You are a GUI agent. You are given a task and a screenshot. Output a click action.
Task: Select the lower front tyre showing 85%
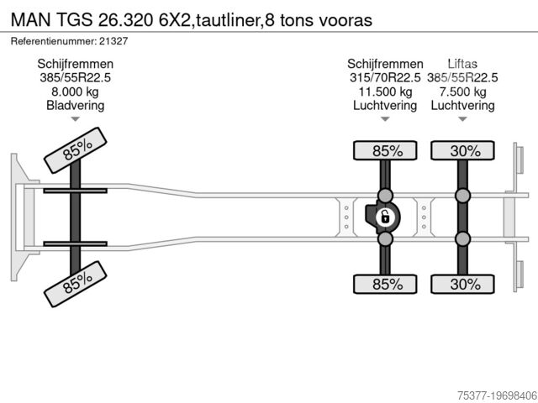(x=76, y=285)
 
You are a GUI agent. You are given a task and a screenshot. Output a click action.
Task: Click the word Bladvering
(x=76, y=106)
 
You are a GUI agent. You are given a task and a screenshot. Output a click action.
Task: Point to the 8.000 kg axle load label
(x=76, y=92)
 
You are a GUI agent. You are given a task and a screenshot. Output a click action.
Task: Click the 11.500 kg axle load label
(x=386, y=92)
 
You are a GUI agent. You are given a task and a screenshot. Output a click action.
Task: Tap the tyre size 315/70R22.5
(x=386, y=77)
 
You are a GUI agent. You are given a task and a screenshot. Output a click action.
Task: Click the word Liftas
(x=463, y=63)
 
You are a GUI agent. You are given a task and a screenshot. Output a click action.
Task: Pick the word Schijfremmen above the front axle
(x=76, y=63)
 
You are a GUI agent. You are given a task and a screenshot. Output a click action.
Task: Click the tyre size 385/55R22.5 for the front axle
(x=76, y=77)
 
